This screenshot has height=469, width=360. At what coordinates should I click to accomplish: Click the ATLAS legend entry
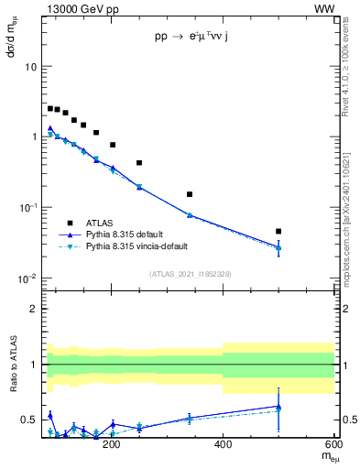pos(101,223)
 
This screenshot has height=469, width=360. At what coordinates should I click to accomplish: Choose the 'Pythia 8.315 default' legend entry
pos(128,234)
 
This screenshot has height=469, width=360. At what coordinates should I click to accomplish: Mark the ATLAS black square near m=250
pos(139,163)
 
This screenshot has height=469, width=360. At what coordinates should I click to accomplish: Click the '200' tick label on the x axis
pos(112,444)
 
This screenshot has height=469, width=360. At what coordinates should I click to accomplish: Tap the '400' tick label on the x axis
pos(223,444)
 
